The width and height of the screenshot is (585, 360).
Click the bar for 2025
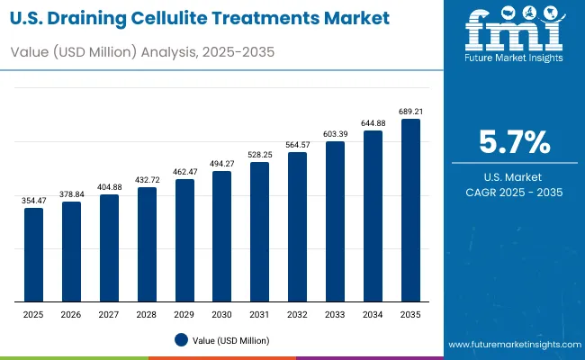(33, 255)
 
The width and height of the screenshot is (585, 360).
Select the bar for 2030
(222, 236)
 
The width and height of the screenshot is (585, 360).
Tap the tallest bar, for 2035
(410, 210)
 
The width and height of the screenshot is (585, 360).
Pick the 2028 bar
(147, 244)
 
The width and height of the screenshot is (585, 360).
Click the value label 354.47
(33, 200)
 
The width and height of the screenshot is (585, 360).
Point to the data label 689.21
(410, 112)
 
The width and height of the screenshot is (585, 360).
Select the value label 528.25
(260, 155)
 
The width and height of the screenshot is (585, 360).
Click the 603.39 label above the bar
(335, 134)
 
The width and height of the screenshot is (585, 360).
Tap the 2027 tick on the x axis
(109, 315)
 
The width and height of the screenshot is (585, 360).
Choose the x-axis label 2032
(297, 315)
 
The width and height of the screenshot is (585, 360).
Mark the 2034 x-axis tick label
(373, 315)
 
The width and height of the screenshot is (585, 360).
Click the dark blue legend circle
(181, 339)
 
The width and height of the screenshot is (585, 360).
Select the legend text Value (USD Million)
(229, 340)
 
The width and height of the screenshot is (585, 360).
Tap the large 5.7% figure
(513, 142)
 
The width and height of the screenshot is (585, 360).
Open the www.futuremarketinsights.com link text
(511, 345)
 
